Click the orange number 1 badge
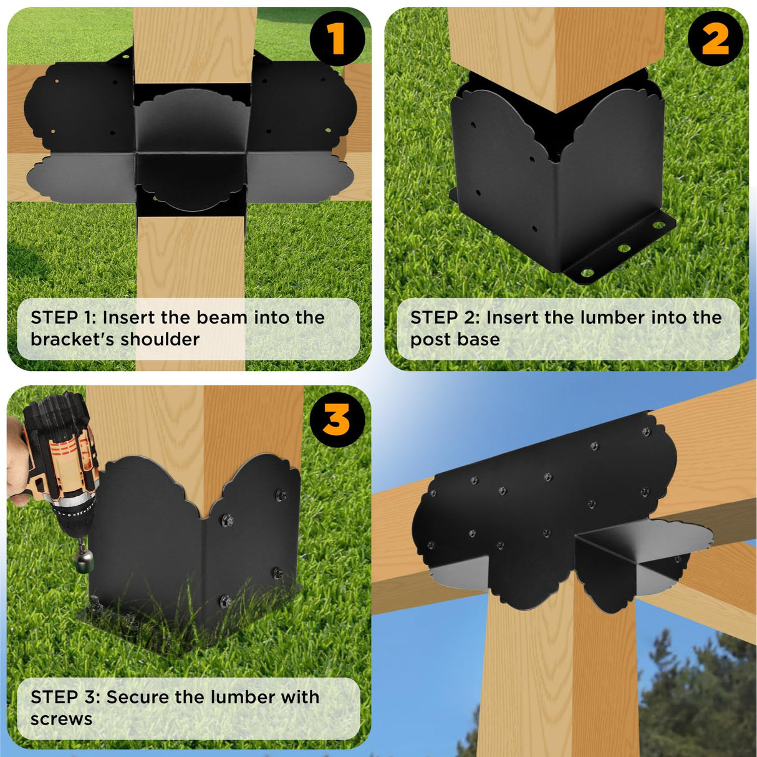[337, 39]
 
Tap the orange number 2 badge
[715, 39]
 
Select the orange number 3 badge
[337, 420]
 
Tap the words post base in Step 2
[455, 339]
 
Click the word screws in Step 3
[61, 719]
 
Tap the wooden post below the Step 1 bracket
[191, 262]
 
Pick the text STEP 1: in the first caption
[63, 317]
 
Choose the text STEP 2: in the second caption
[445, 317]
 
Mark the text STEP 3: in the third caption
[65, 697]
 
